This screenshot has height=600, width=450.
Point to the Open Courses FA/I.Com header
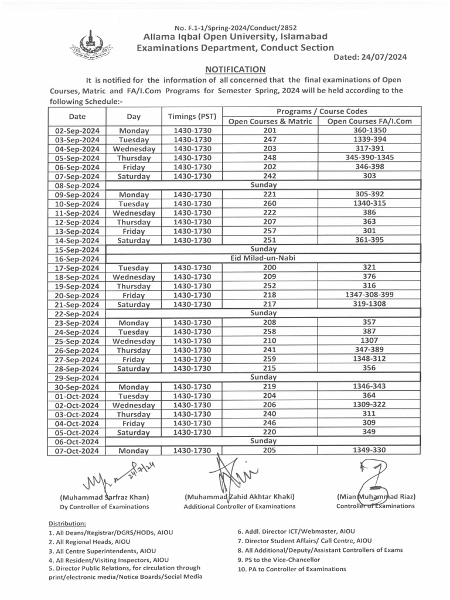(369, 121)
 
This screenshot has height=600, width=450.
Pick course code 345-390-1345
(370, 158)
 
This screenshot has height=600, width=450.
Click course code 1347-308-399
(370, 295)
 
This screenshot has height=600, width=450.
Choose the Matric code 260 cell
(270, 203)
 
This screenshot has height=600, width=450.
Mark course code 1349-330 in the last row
(370, 450)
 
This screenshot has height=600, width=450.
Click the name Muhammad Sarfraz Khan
(104, 497)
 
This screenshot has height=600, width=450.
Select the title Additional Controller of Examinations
(239, 506)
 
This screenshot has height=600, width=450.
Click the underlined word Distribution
(67, 523)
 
